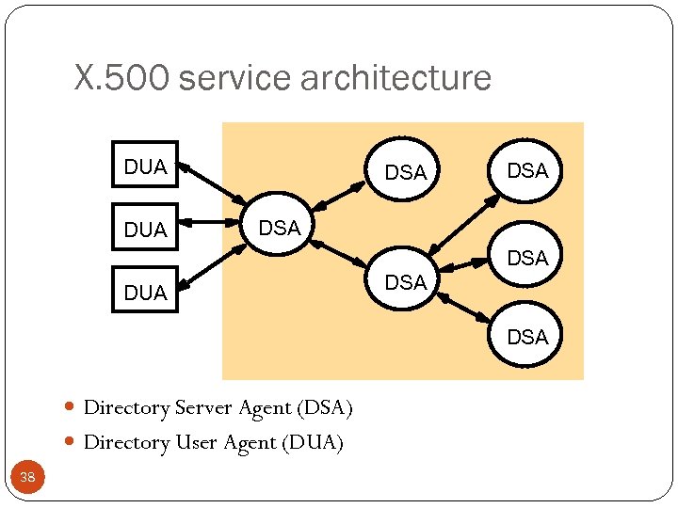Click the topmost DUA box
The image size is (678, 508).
(145, 167)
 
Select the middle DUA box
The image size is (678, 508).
(145, 228)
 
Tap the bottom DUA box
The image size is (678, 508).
(145, 292)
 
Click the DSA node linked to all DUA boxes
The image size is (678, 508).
(279, 228)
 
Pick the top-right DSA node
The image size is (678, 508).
(527, 170)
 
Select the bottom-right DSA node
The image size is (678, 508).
(527, 337)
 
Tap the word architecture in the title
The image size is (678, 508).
(395, 78)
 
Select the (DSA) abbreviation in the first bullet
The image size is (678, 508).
(324, 407)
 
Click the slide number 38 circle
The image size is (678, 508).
(27, 478)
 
